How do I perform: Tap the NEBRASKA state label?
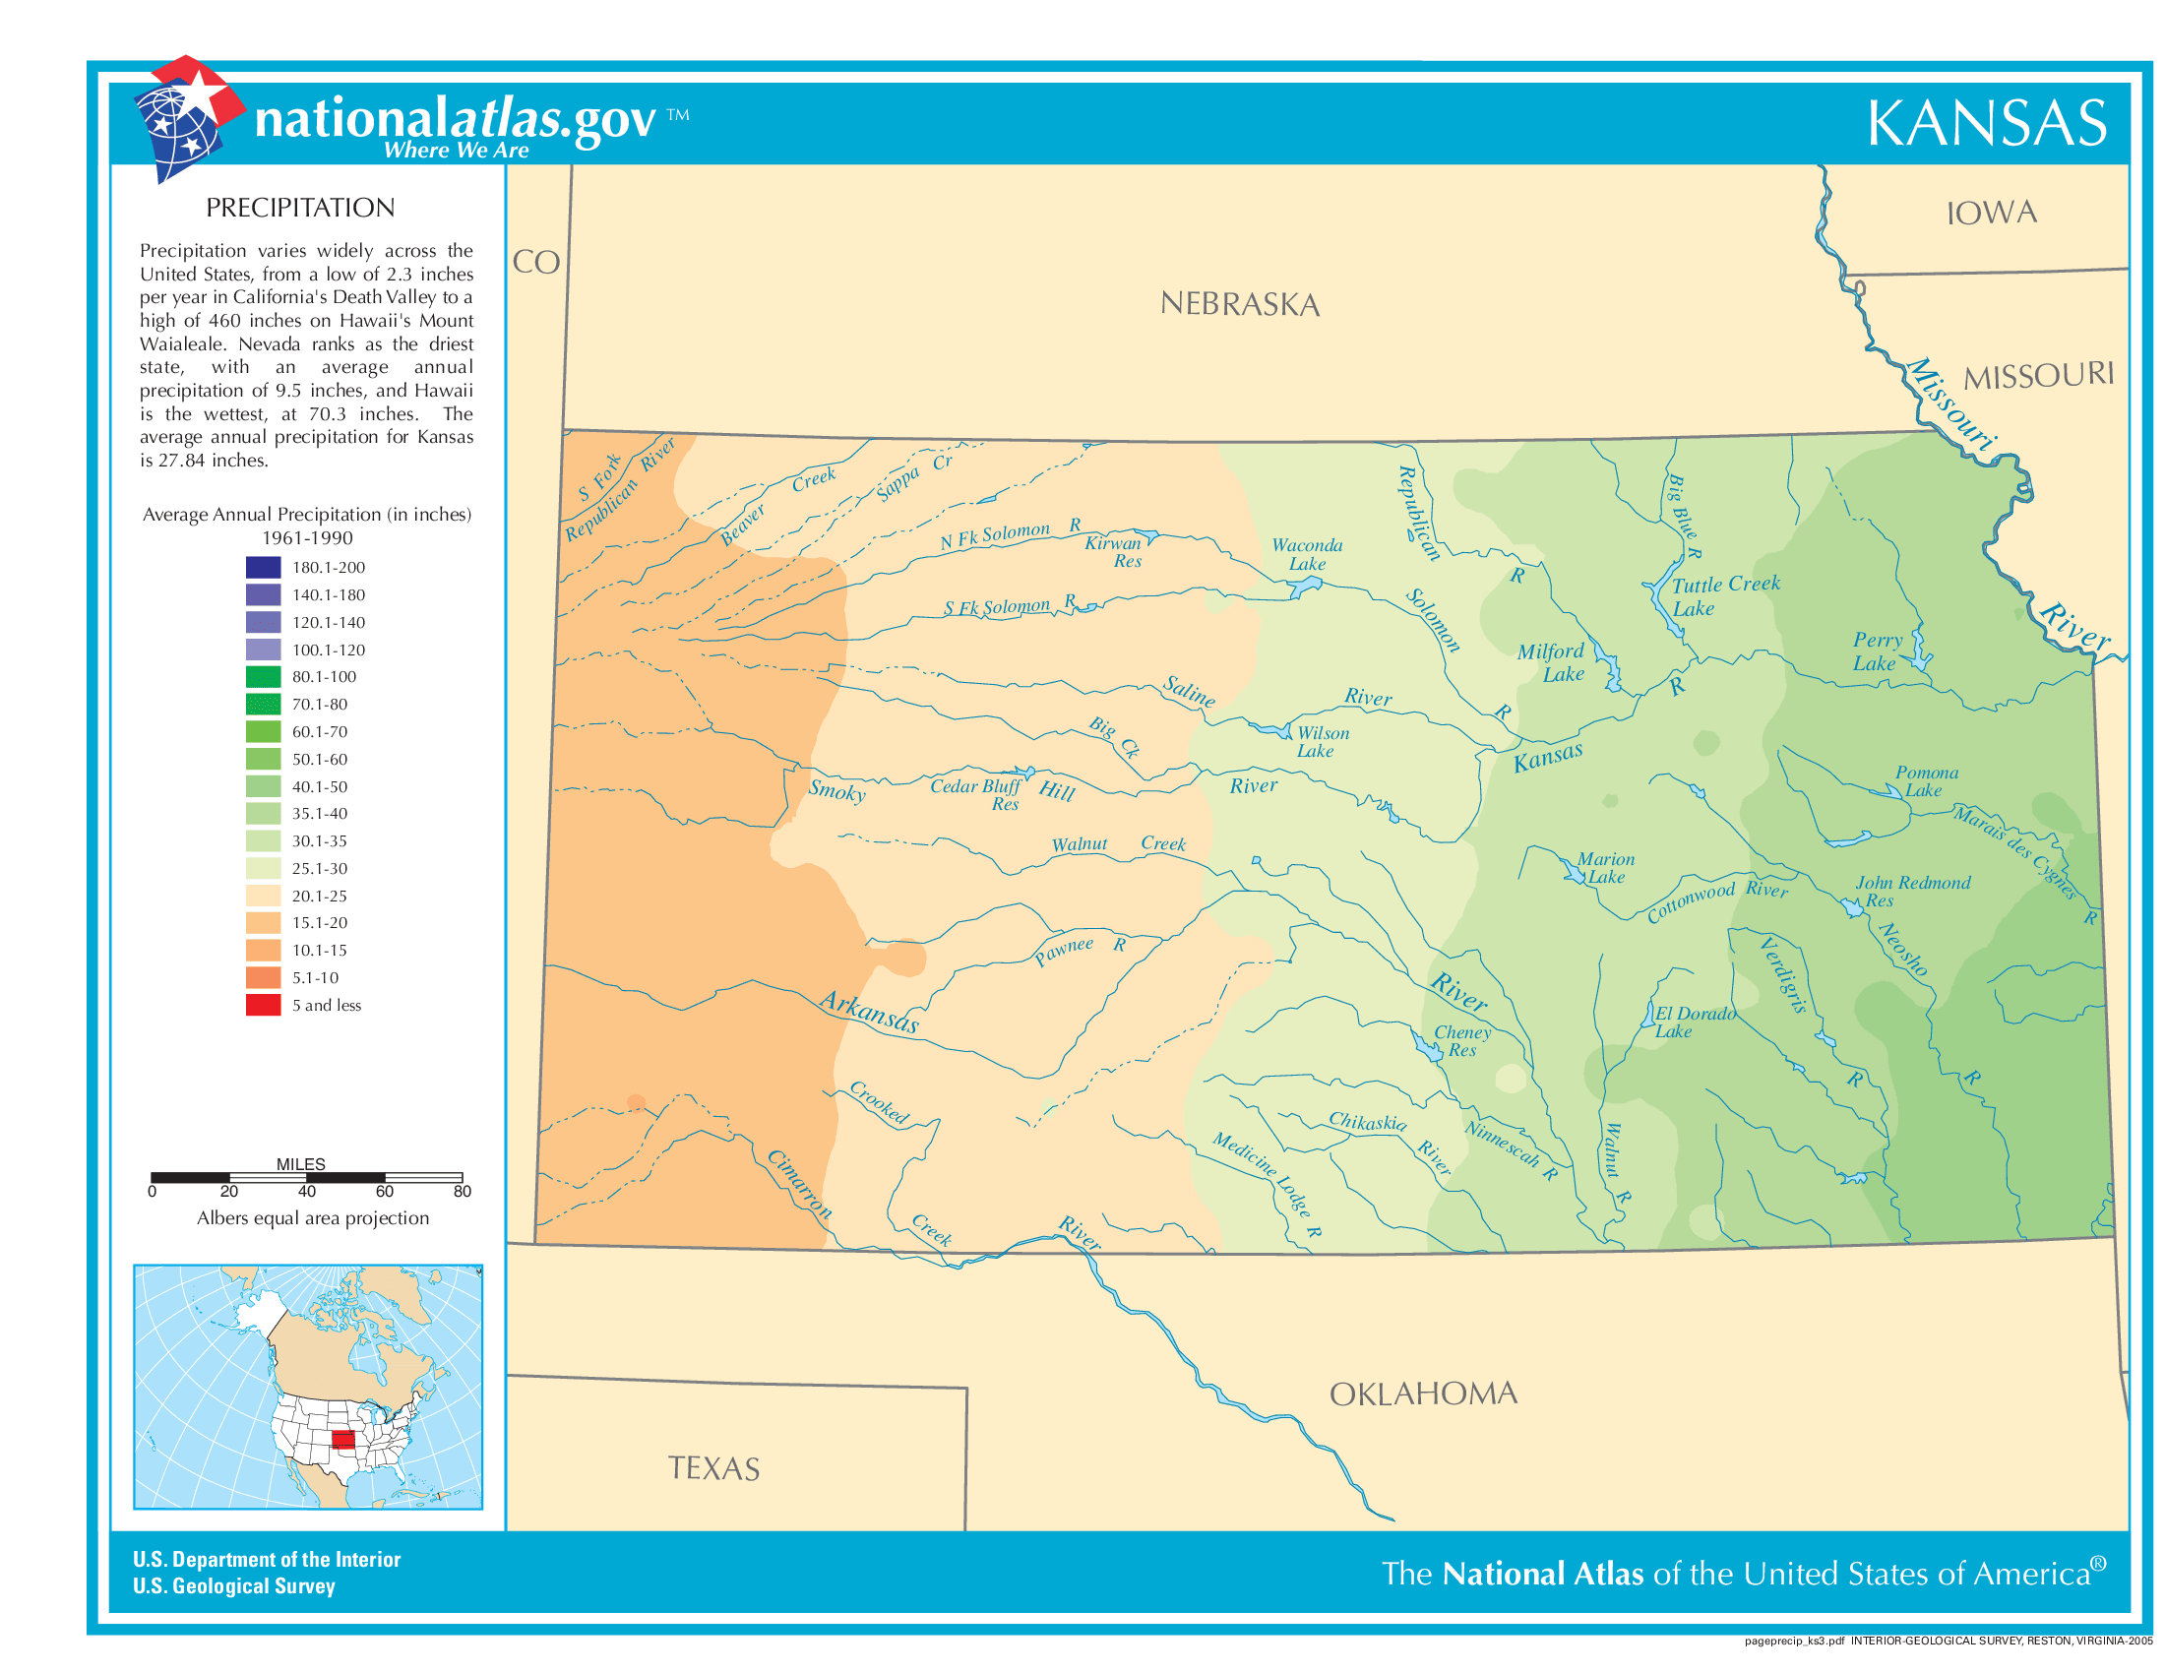(x=1239, y=304)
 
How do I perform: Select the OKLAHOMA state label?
(x=1423, y=1394)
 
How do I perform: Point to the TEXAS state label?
(x=713, y=1468)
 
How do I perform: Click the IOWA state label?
(x=1992, y=213)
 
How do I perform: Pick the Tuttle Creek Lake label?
(x=1724, y=595)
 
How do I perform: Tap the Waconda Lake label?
(x=1307, y=554)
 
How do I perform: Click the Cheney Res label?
(x=1462, y=1040)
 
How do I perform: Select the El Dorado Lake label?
(x=1695, y=1022)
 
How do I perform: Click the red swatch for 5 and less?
(x=263, y=1004)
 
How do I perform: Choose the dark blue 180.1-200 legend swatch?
(x=263, y=567)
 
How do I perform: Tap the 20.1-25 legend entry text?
(x=319, y=895)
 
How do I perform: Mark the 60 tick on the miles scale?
(x=385, y=1191)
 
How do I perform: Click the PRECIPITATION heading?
(x=300, y=207)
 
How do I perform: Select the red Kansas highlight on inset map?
(x=343, y=1439)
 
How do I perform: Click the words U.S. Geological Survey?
(x=234, y=1585)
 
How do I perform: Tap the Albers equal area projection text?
(x=312, y=1217)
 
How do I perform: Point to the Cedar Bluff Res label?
(x=976, y=794)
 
